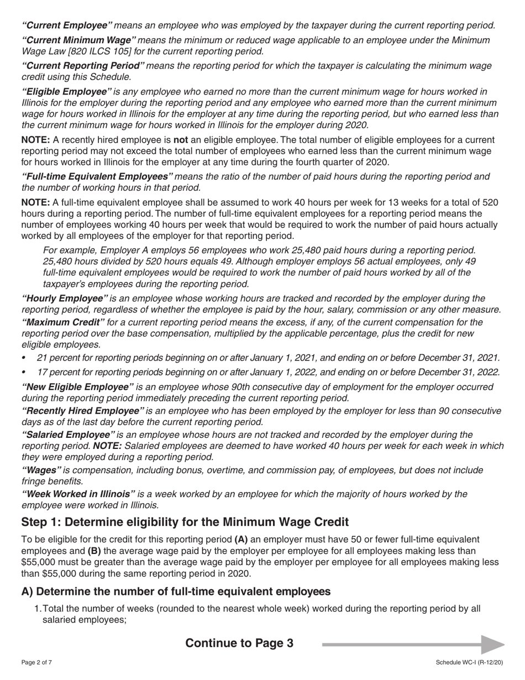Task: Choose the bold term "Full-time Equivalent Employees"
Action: pos(97,176)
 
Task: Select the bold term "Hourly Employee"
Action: pos(64,299)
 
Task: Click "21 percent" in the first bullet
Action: pos(59,358)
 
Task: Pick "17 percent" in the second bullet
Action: pos(59,373)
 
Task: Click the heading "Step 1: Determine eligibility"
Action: pos(185,522)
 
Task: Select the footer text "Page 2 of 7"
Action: pos(36,662)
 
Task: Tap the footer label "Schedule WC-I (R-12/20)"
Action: pos(469,662)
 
